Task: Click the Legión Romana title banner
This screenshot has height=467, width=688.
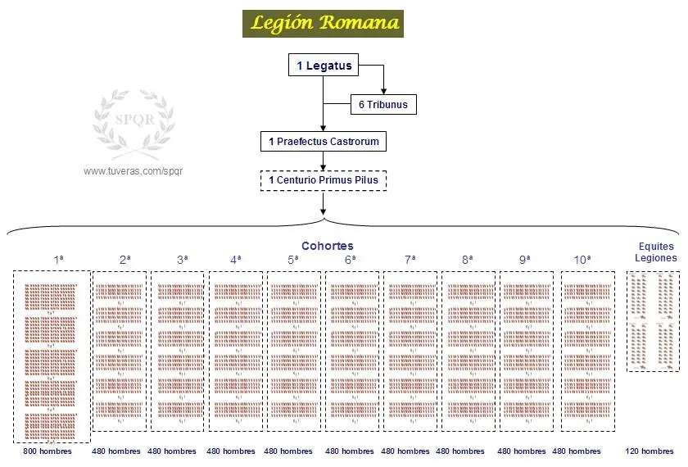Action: pos(323,24)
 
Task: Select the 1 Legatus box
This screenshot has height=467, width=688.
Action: pos(324,65)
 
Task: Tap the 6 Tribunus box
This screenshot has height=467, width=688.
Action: pos(383,105)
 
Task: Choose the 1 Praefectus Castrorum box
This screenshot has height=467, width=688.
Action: pos(324,141)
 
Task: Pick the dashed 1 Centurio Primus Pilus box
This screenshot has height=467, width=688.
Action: pos(324,180)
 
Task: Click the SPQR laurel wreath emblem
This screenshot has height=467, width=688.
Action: pos(134,124)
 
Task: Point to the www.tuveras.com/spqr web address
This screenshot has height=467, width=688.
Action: pos(133,171)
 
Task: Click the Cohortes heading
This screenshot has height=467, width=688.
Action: pos(328,246)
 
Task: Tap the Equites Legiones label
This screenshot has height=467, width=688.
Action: pos(656,252)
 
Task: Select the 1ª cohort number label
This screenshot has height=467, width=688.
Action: pos(59,260)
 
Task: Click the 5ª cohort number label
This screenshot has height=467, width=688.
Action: pos(293,260)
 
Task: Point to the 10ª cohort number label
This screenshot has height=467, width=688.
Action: pos(582,260)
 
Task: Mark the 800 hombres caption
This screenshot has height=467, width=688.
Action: pos(48,451)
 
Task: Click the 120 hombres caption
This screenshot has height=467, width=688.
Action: pos(650,451)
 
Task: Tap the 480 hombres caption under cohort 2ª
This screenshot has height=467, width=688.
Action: pos(116,451)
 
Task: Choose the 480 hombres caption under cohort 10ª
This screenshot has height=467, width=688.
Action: pos(577,451)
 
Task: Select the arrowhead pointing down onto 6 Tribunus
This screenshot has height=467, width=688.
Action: pos(383,91)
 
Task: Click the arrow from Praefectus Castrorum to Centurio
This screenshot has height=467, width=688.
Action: pos(324,161)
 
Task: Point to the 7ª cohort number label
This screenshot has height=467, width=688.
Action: pos(410,260)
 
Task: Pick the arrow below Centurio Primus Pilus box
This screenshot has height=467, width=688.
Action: pos(324,203)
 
